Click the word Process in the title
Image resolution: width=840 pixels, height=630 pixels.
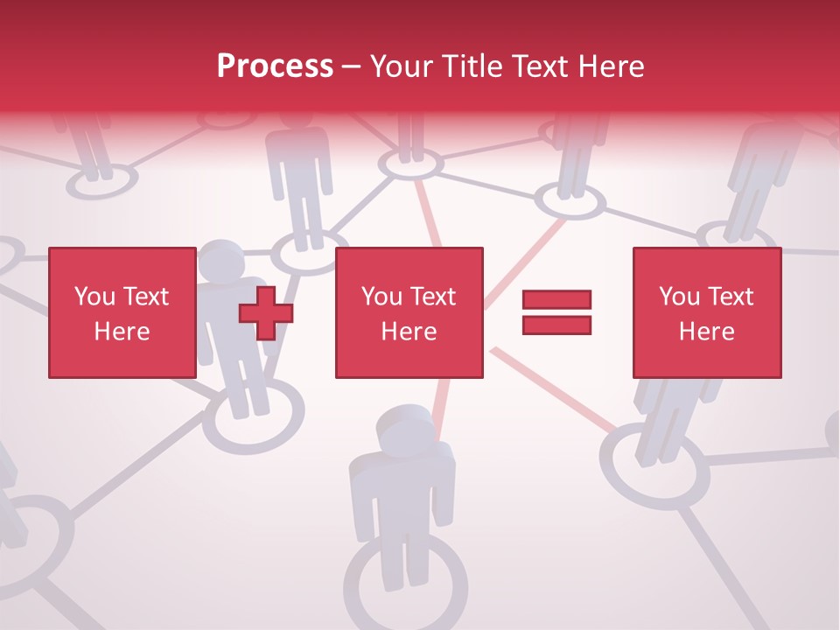click(275, 66)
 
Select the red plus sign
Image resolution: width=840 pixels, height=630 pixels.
click(266, 312)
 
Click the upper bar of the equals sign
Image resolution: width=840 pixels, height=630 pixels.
click(556, 299)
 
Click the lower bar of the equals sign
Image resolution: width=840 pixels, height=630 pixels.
click(556, 325)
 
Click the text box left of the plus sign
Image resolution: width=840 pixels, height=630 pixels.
click(122, 312)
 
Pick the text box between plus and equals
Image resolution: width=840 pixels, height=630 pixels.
click(409, 312)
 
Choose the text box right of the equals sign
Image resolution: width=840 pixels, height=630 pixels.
click(706, 312)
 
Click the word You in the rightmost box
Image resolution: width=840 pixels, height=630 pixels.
click(678, 297)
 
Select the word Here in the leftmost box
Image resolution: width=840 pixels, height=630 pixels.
click(122, 331)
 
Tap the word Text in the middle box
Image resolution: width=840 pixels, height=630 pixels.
click(432, 297)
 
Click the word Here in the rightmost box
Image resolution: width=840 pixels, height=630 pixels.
click(706, 331)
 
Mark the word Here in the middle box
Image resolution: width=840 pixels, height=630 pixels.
click(409, 331)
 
